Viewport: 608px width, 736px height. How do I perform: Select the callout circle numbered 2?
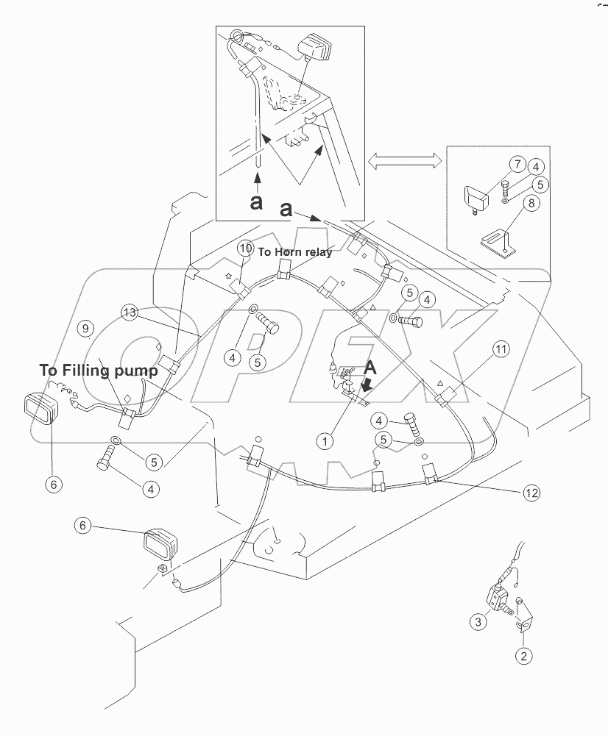[x=523, y=656]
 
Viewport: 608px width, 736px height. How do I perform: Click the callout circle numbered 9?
[x=85, y=328]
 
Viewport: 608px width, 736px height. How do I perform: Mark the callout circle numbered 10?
[x=244, y=250]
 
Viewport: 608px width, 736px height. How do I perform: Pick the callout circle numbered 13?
[x=130, y=313]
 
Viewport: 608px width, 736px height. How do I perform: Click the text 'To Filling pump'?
[x=99, y=371]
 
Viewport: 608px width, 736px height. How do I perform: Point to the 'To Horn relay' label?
[x=294, y=252]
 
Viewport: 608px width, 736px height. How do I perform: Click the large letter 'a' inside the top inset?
[x=256, y=201]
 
